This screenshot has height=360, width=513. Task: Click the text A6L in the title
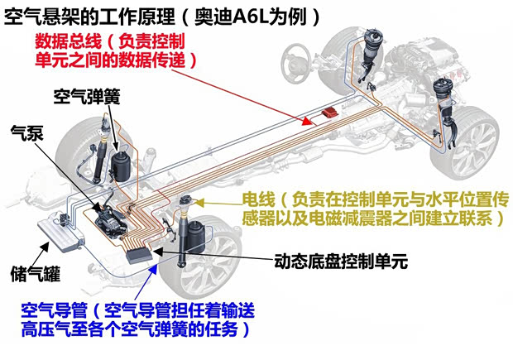(x=239, y=14)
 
